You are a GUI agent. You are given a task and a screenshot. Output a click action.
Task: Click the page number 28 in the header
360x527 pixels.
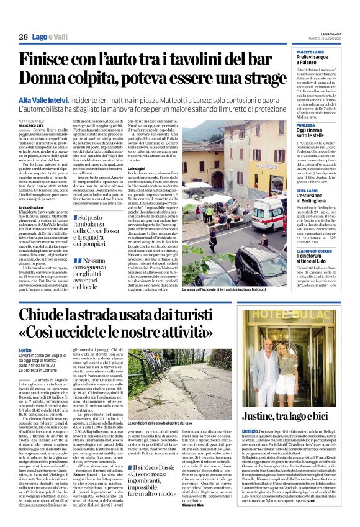point(23,37)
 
